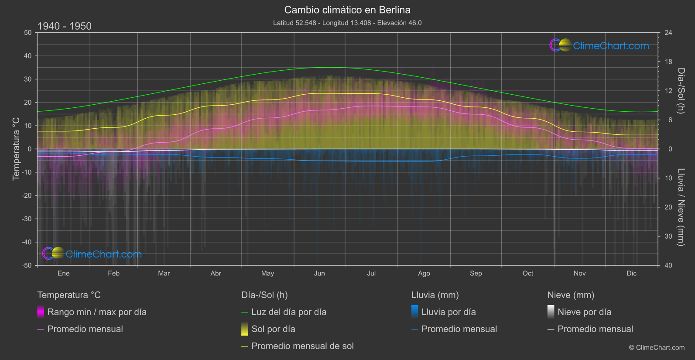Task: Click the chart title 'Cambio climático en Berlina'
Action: click(x=347, y=10)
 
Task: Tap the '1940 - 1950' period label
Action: click(x=65, y=26)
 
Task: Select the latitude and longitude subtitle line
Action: click(x=347, y=23)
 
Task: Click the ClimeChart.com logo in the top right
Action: click(x=599, y=45)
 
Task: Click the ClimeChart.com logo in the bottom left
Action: click(x=92, y=254)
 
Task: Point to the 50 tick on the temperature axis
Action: click(x=28, y=33)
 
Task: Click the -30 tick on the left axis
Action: click(x=27, y=219)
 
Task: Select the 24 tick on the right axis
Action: click(x=668, y=33)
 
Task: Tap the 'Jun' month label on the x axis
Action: click(x=319, y=273)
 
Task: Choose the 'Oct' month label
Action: click(x=527, y=273)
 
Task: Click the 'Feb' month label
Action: click(x=113, y=273)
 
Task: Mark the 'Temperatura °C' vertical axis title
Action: click(x=16, y=148)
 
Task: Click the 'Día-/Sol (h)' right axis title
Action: click(x=681, y=91)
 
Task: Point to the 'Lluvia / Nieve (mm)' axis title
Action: click(x=681, y=207)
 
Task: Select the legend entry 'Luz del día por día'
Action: click(x=289, y=312)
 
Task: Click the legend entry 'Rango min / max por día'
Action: click(x=97, y=312)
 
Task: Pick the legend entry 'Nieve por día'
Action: click(x=584, y=312)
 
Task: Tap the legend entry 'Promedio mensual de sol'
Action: click(x=302, y=346)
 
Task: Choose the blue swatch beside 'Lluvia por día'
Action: click(x=415, y=312)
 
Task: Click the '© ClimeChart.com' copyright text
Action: click(x=657, y=347)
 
